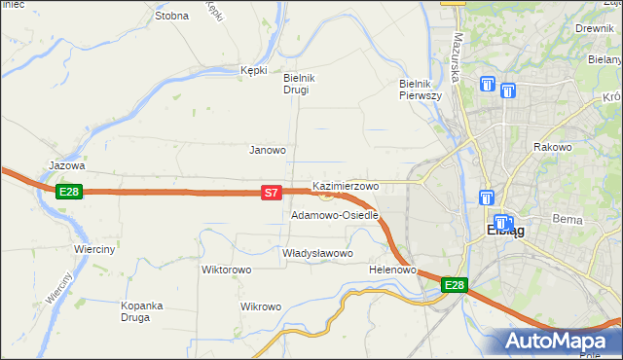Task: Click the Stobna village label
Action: [171, 17]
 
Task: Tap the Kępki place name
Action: [253, 70]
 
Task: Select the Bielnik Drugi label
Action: [296, 84]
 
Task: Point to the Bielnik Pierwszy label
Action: [421, 90]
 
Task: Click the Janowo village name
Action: [268, 150]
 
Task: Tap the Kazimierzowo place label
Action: [346, 185]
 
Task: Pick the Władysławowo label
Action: [316, 253]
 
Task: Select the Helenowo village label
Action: [393, 270]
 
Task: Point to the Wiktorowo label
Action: [227, 270]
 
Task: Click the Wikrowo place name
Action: [260, 306]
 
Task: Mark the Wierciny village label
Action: [94, 249]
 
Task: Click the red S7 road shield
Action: [273, 194]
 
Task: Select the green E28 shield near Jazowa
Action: [68, 192]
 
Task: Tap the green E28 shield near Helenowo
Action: [455, 285]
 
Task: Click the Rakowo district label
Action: [551, 147]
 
